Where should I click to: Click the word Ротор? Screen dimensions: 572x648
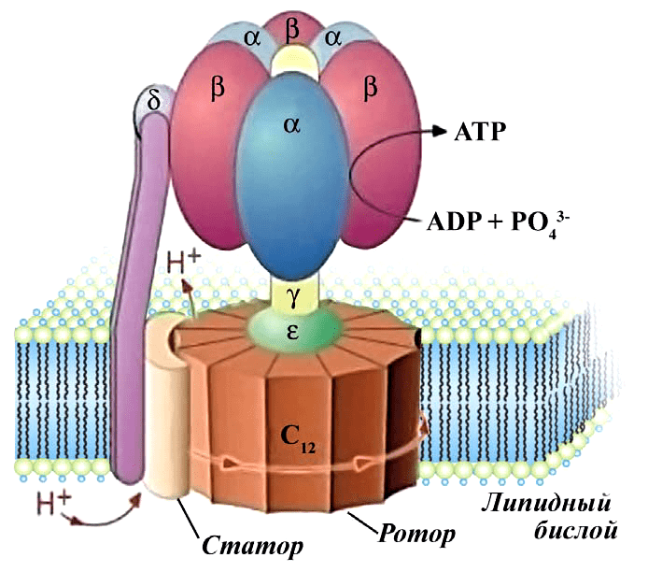[416, 534]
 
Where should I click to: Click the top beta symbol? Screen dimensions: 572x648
[292, 30]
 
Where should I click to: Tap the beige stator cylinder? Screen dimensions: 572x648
[168, 411]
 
